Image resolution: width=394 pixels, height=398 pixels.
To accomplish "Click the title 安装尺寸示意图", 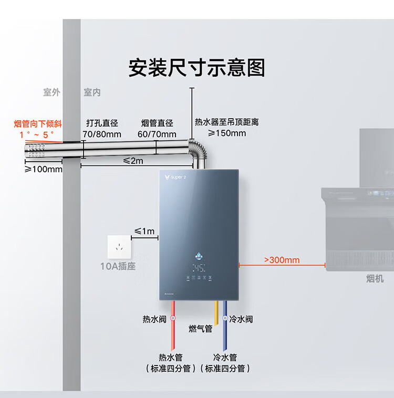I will point(196,68).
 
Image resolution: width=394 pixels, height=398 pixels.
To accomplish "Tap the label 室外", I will point(51,92).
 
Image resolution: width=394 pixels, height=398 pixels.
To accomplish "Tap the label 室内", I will point(92,92).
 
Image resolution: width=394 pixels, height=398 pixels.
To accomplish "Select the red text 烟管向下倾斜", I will point(38,124).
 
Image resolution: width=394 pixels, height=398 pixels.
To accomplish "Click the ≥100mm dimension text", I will point(44,169).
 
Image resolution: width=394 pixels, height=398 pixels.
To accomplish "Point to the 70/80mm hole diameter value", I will point(102,134).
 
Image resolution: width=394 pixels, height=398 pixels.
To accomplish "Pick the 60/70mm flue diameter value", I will point(157,134).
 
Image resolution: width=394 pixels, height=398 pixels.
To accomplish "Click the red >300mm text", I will point(282,260).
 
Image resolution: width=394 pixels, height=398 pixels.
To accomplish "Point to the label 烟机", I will point(375,279).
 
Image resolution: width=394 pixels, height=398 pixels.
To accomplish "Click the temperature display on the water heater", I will point(198,267).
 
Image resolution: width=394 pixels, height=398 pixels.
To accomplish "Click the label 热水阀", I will point(154,319).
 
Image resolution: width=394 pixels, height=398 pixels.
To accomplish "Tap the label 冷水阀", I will point(241,319).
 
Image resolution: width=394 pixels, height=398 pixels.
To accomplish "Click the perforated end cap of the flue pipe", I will point(37,152).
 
